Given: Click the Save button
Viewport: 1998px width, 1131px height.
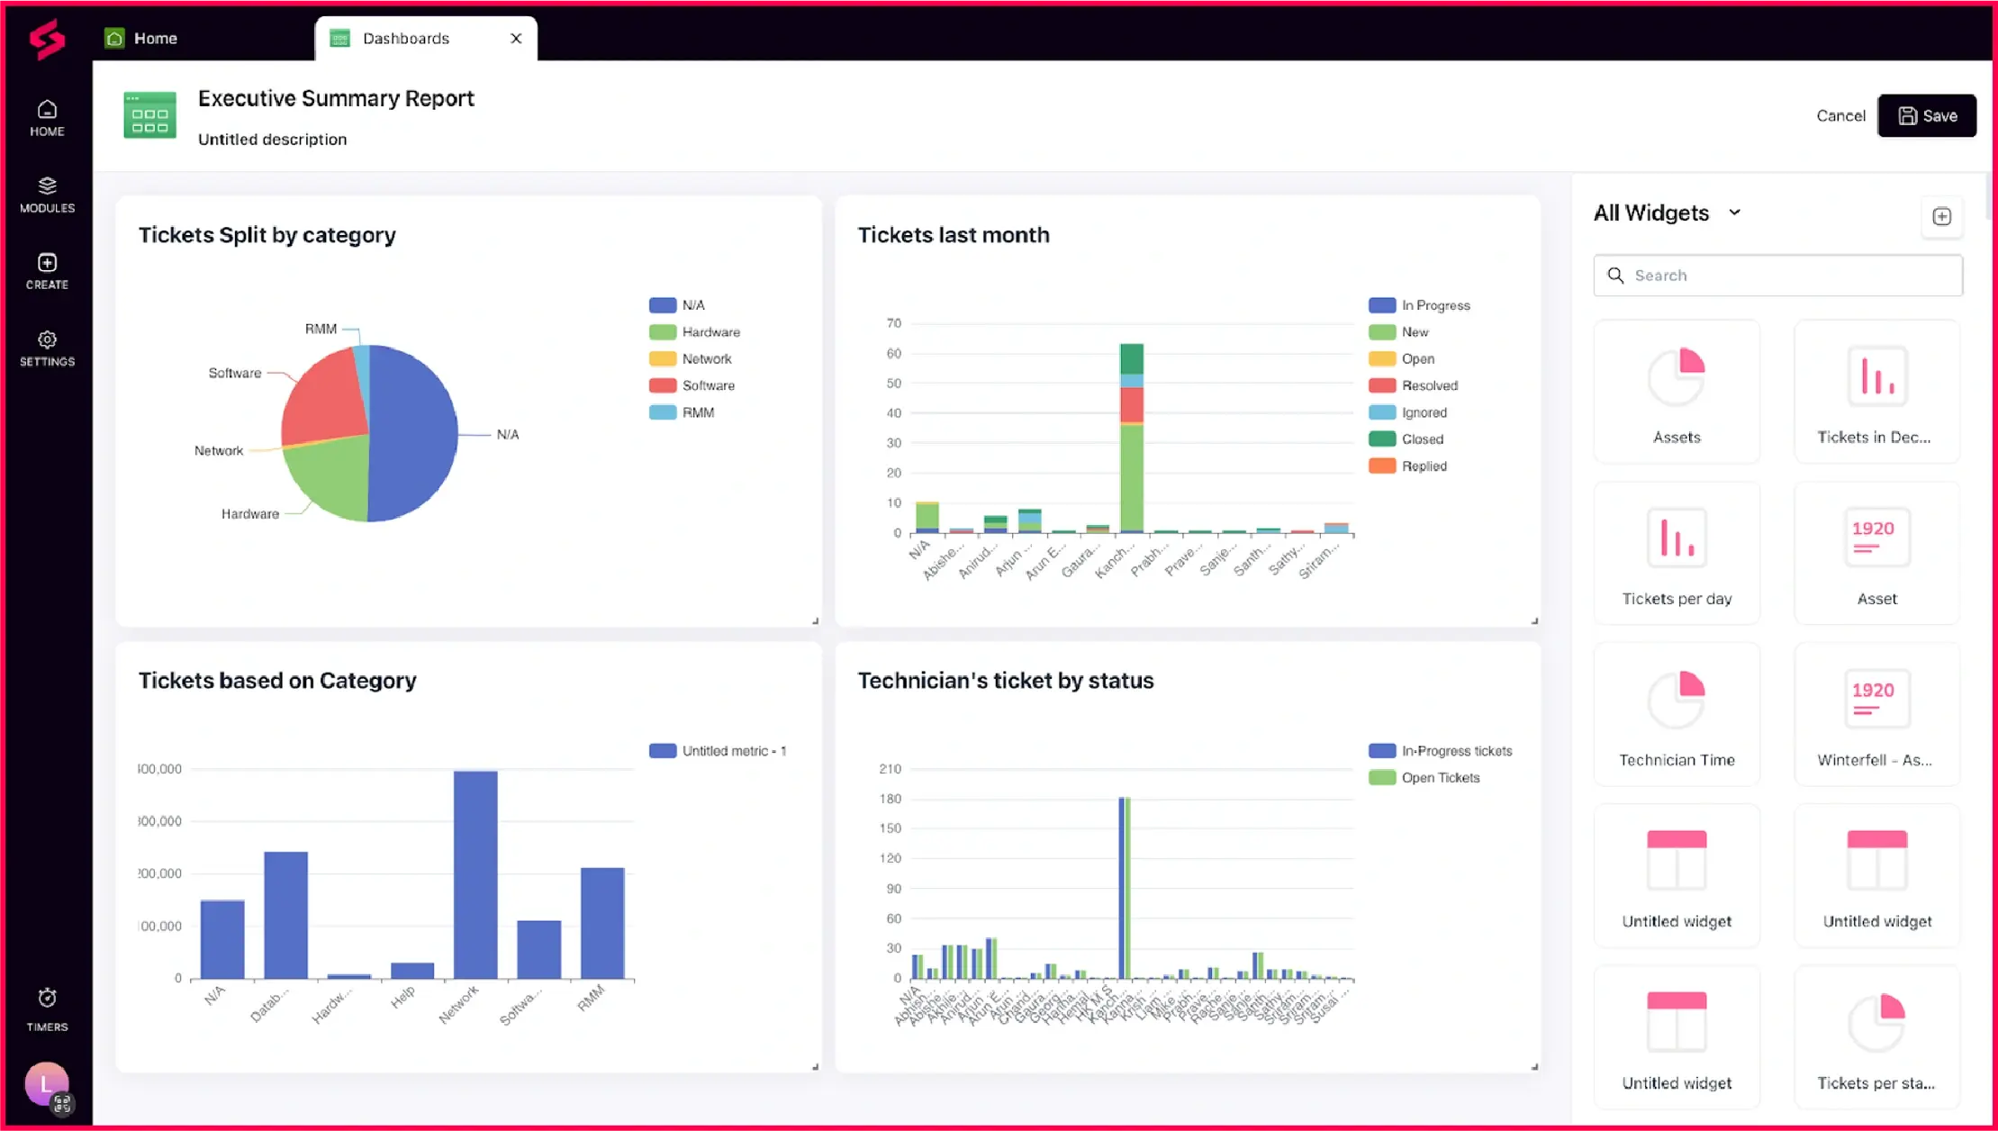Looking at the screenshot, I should click(x=1927, y=115).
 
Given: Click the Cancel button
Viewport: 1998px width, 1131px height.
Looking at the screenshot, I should click(x=1840, y=115).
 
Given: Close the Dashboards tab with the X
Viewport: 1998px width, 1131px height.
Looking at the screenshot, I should click(x=516, y=38).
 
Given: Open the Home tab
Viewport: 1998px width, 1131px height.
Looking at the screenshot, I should click(x=155, y=38).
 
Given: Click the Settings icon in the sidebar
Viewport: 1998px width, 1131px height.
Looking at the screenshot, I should click(x=47, y=348).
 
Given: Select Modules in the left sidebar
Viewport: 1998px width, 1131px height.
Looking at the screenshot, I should click(x=47, y=194).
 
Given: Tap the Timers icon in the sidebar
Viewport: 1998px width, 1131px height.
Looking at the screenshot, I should click(x=47, y=1009).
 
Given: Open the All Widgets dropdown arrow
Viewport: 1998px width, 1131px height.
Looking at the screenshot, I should click(x=1734, y=213).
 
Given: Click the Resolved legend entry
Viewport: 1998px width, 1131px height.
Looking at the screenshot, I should click(x=1429, y=385).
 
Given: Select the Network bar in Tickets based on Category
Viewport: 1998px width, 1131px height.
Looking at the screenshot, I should click(x=475, y=873).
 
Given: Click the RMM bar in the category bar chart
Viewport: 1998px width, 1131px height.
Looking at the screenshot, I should click(x=602, y=922).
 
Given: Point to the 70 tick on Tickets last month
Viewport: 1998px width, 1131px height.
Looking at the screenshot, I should click(x=893, y=323).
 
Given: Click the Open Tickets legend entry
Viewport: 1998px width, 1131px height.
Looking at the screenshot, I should click(x=1440, y=778).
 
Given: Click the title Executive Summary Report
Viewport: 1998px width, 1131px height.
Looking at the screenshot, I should click(x=336, y=98).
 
